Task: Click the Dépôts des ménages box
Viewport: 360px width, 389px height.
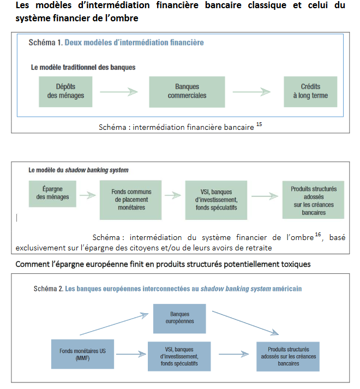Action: click(x=62, y=91)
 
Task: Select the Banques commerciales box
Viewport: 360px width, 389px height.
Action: click(x=187, y=91)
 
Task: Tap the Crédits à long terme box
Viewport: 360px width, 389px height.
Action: click(x=310, y=91)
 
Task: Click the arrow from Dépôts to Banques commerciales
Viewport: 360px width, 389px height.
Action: click(x=119, y=92)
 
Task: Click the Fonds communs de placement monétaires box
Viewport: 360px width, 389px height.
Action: click(x=131, y=200)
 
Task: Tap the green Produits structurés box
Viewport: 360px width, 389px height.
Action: click(x=313, y=200)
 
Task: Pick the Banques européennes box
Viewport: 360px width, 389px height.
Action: click(x=179, y=318)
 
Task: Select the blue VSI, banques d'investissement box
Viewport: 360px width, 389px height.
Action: click(x=179, y=356)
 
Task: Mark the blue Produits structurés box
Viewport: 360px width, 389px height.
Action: click(x=287, y=356)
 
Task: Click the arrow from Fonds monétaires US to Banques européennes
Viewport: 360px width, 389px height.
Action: click(x=115, y=324)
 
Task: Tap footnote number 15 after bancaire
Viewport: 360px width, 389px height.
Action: click(x=259, y=125)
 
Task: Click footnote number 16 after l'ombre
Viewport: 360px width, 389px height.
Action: click(x=317, y=235)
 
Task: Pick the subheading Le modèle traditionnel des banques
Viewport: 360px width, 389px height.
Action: click(x=83, y=67)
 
